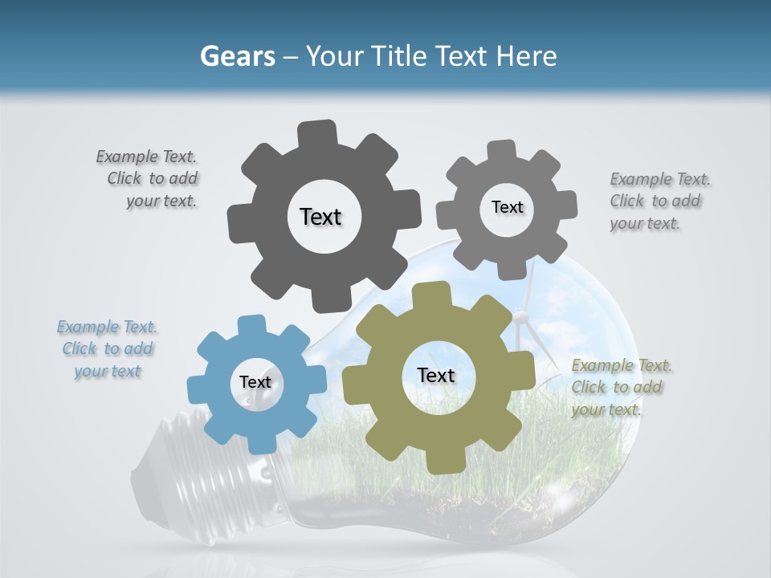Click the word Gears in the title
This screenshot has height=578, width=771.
(x=237, y=56)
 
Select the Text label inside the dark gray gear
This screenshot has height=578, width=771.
(x=320, y=217)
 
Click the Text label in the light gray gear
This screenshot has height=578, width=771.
(x=507, y=207)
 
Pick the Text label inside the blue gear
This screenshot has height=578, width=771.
(x=255, y=382)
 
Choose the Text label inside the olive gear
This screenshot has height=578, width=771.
(x=436, y=375)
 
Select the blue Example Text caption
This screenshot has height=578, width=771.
(x=108, y=349)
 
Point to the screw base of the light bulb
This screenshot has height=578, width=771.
(x=177, y=474)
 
